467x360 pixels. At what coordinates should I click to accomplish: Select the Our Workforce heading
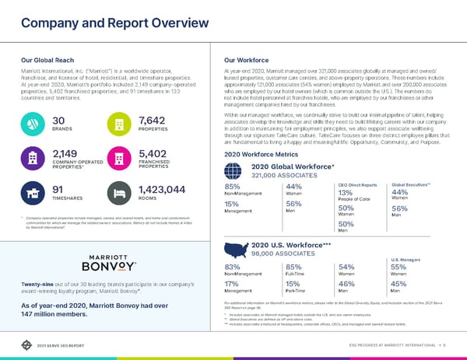pos(245,58)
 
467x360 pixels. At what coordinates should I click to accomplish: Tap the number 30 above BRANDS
pos(58,120)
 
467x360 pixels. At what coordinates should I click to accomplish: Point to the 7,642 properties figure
pos(151,120)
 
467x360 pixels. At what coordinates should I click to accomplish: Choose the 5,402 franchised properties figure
pos(154,154)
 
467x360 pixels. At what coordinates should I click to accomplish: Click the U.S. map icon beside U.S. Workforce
pos(237,249)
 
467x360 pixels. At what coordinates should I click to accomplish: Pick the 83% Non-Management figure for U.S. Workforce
pos(231,268)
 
